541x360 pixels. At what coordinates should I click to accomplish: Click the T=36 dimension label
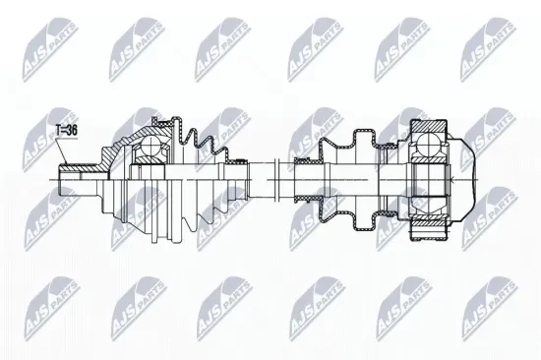pos(66,129)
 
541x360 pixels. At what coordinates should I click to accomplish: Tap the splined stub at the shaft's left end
pos(73,178)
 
